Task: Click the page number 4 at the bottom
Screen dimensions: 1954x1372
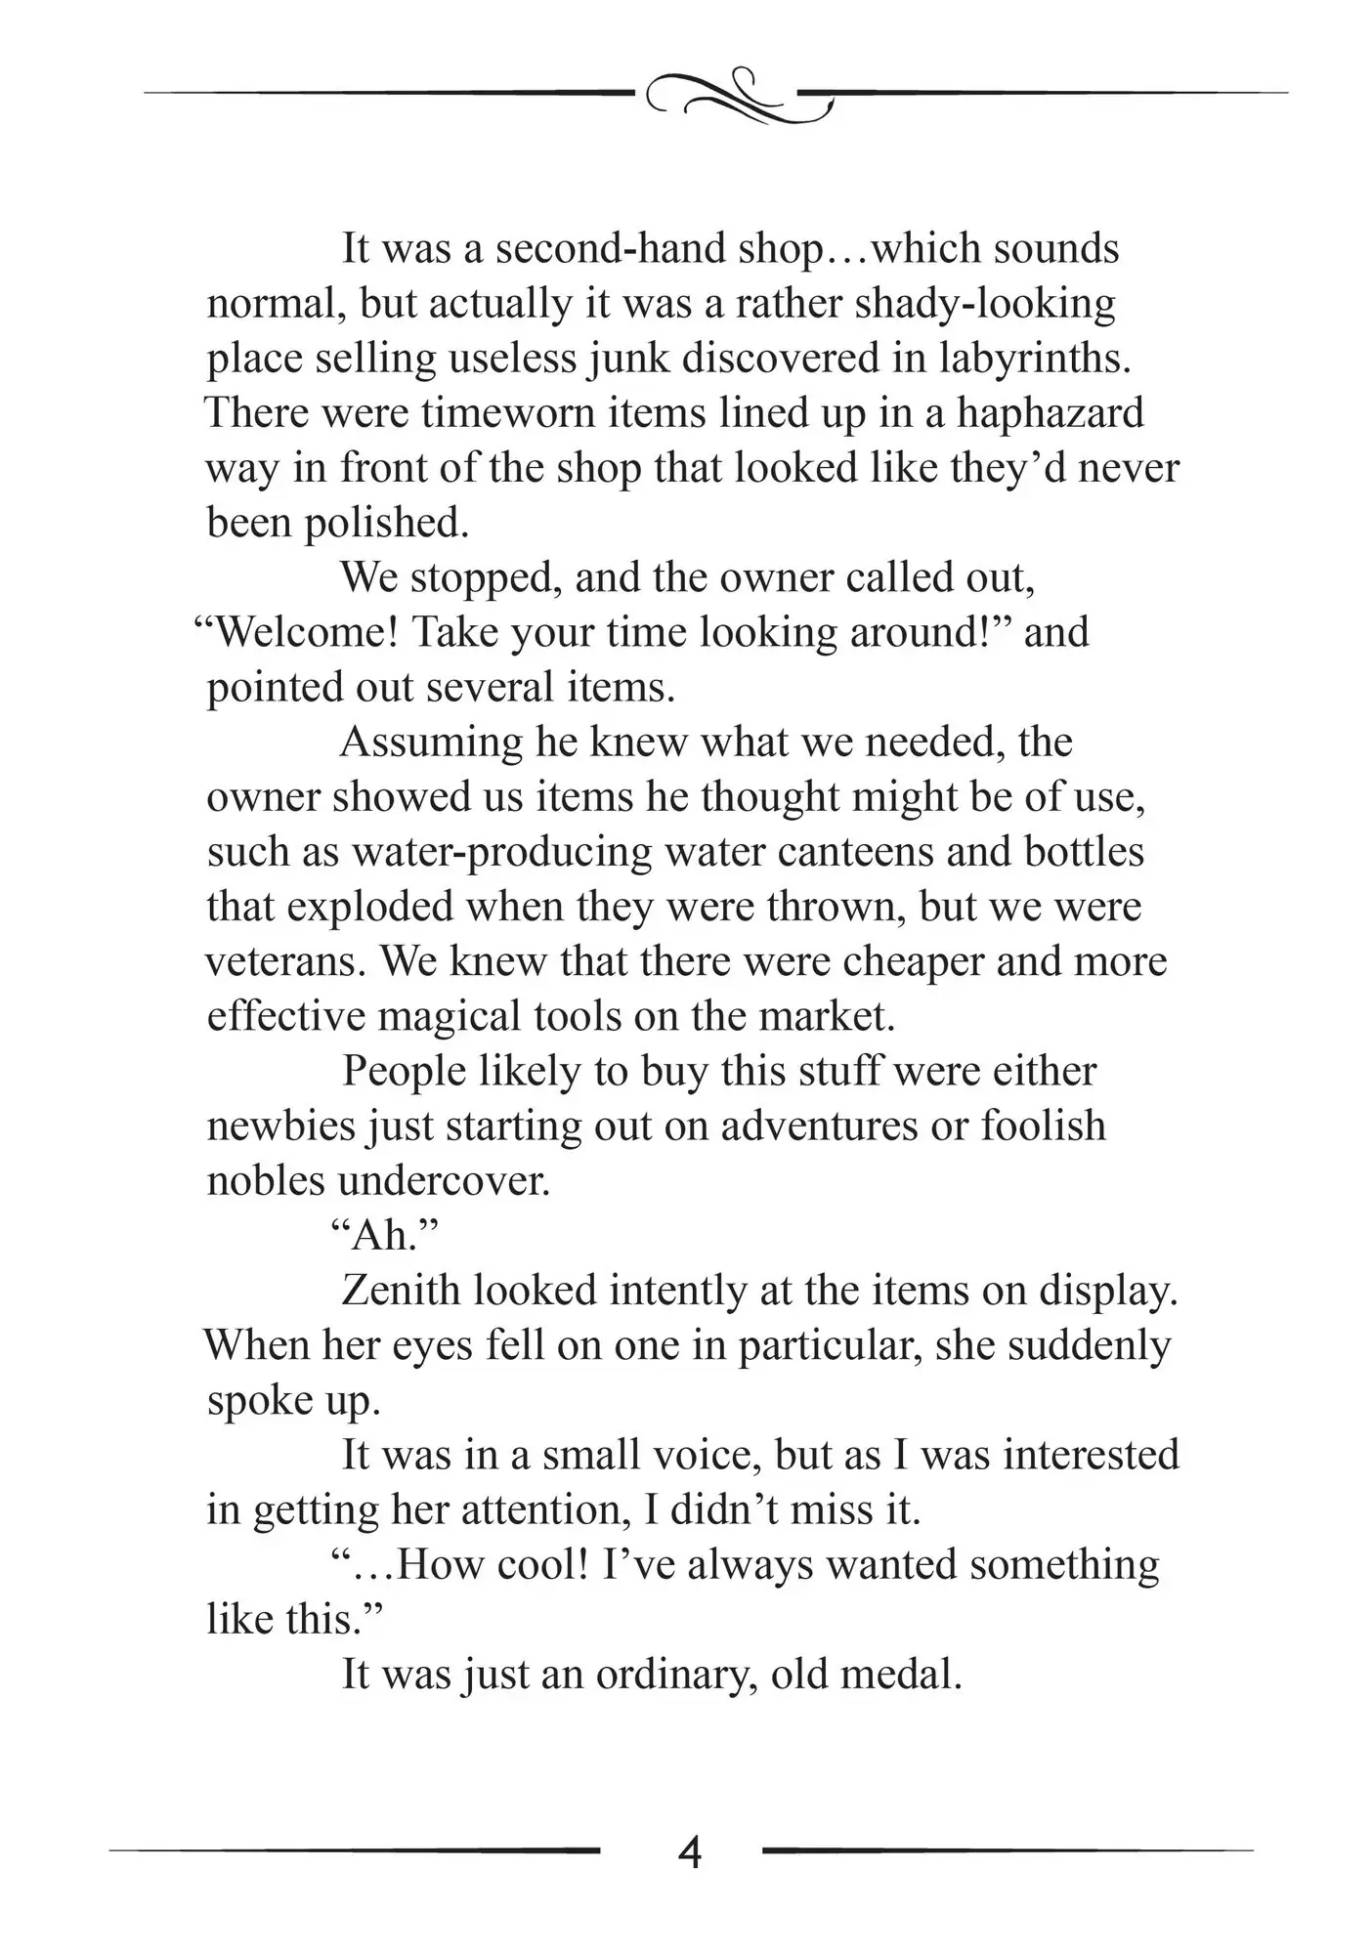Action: click(x=689, y=1852)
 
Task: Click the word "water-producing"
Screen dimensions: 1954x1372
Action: click(x=501, y=852)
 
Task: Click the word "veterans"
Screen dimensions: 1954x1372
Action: click(x=286, y=961)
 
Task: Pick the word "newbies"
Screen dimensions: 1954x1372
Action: click(x=281, y=1126)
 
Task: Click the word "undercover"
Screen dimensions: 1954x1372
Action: click(x=445, y=1181)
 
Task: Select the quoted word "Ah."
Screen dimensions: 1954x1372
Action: click(x=382, y=1236)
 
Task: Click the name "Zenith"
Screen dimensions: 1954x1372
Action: click(x=401, y=1291)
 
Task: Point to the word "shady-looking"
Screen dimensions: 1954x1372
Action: click(x=984, y=304)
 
